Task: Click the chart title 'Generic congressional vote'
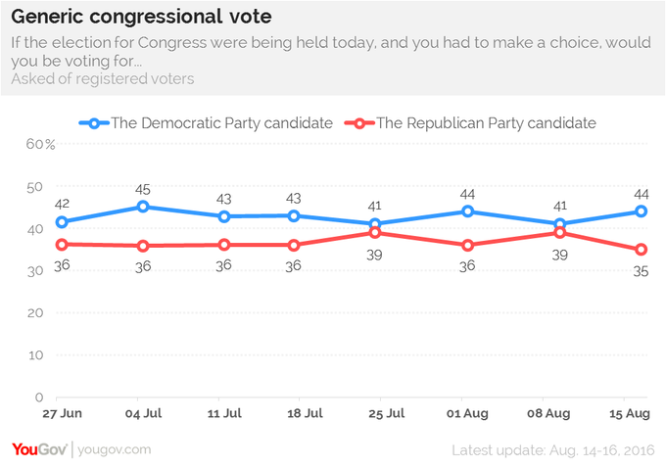(141, 17)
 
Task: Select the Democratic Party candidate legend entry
(206, 123)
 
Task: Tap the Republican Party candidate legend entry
(470, 123)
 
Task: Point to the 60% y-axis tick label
(40, 144)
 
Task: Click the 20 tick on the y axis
(35, 313)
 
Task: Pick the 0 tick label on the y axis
(39, 398)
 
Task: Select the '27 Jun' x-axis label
(62, 413)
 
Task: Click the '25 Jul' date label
(387, 413)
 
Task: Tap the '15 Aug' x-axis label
(630, 413)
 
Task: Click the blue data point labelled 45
(143, 207)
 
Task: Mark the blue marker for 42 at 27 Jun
(62, 221)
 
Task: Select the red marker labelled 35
(641, 250)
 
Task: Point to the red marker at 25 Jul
(374, 233)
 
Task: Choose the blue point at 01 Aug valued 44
(467, 211)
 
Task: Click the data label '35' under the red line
(641, 271)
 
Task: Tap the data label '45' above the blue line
(143, 189)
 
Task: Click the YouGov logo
(39, 449)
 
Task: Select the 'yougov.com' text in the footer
(115, 449)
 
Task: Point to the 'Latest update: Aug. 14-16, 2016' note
(553, 450)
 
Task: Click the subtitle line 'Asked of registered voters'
(103, 78)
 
